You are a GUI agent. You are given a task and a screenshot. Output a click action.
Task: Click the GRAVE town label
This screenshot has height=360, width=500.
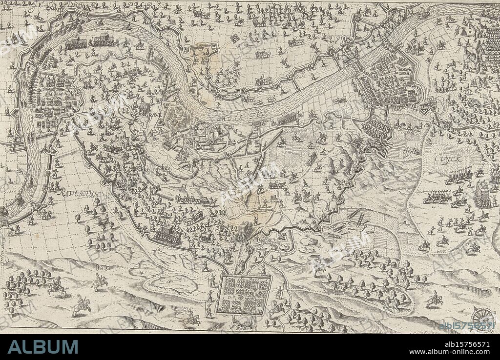pyautogui.click(x=153, y=115)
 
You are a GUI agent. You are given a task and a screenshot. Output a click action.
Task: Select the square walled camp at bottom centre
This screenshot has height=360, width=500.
pyautogui.click(x=244, y=296)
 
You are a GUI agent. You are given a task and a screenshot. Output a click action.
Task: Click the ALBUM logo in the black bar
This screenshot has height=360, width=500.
pyautogui.click(x=43, y=347)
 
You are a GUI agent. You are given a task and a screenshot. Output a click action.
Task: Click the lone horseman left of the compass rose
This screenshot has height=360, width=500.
pyautogui.click(x=434, y=299)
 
